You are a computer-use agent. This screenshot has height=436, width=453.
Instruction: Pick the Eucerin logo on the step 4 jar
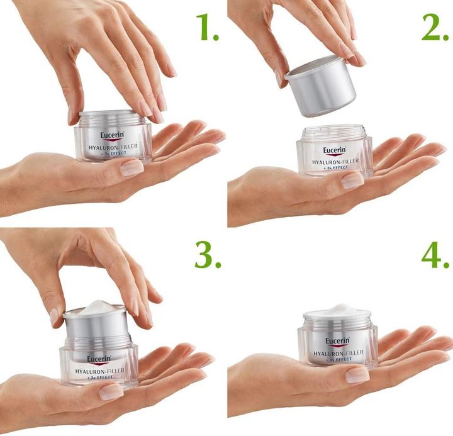[x=337, y=342]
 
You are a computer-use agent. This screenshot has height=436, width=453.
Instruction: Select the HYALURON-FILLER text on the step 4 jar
[x=338, y=354]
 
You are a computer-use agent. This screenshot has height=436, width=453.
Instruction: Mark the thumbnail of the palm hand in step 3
[x=111, y=391]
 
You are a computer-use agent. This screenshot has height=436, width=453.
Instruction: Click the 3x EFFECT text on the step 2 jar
[x=335, y=169]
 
